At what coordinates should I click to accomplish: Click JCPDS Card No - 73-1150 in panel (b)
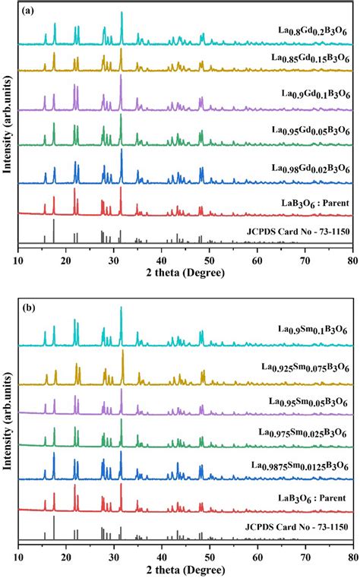tap(296, 525)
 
